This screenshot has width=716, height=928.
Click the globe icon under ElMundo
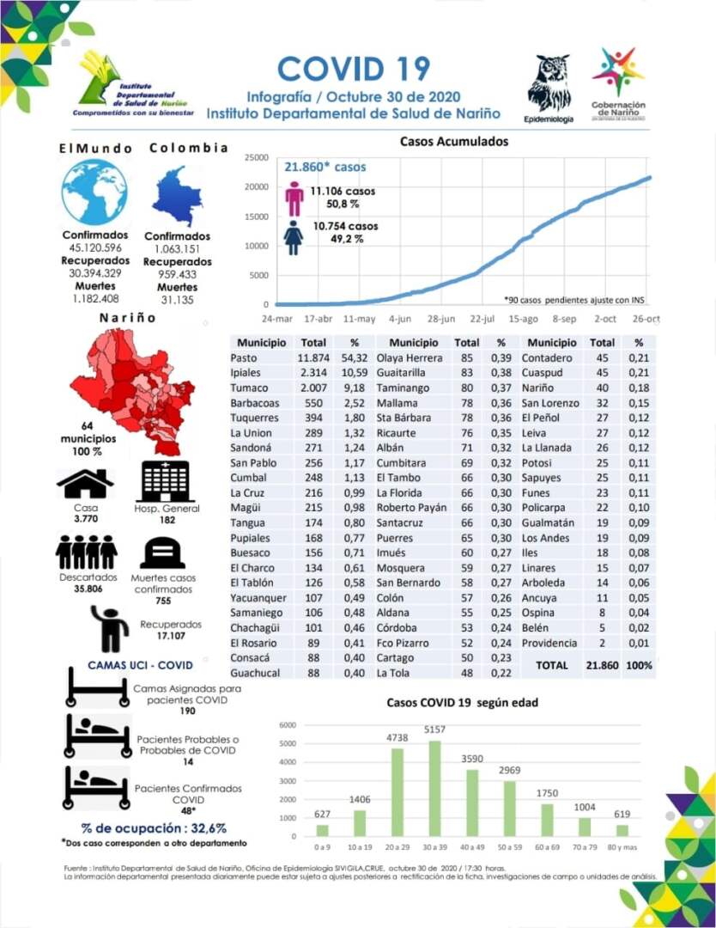tap(94, 192)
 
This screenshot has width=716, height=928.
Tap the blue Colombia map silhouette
tap(177, 197)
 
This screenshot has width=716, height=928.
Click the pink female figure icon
tap(294, 198)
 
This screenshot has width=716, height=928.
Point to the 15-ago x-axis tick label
tap(524, 318)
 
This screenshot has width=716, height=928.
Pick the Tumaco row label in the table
tap(249, 388)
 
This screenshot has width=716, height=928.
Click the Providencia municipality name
tap(550, 644)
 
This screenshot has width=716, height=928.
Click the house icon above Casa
tap(85, 485)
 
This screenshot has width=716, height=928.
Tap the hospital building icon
tap(167, 482)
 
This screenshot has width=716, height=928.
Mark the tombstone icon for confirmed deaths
tap(162, 553)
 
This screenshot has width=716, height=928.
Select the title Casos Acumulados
tap(454, 142)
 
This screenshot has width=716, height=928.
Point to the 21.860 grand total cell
tap(602, 665)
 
